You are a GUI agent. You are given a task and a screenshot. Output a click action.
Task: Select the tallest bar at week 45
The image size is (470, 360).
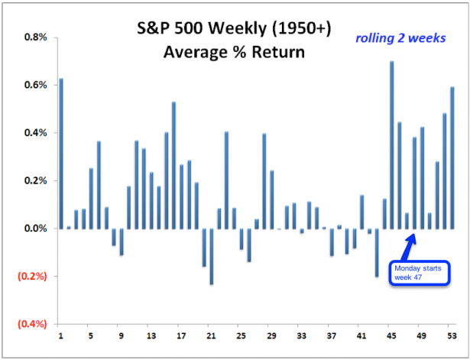(391, 144)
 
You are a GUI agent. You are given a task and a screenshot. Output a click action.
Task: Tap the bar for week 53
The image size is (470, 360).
(452, 157)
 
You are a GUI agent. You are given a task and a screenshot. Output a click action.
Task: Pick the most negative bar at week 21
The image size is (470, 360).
(211, 256)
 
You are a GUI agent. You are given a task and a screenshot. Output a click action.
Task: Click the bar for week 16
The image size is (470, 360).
(173, 165)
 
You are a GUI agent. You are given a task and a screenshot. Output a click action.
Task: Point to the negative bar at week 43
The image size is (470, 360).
(377, 252)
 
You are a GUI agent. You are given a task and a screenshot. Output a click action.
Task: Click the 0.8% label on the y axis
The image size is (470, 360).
(35, 37)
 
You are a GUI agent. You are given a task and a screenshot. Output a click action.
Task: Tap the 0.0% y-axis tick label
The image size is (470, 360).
(35, 229)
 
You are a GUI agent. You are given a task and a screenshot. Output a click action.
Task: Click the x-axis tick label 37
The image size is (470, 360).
(331, 336)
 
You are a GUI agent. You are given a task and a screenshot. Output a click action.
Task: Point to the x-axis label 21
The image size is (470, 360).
(211, 336)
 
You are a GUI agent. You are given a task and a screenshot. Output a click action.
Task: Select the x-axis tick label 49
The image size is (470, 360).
(422, 336)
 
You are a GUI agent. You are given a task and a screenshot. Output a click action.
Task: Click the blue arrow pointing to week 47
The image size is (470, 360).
(410, 246)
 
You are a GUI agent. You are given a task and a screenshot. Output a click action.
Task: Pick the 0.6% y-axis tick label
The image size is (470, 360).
(35, 85)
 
